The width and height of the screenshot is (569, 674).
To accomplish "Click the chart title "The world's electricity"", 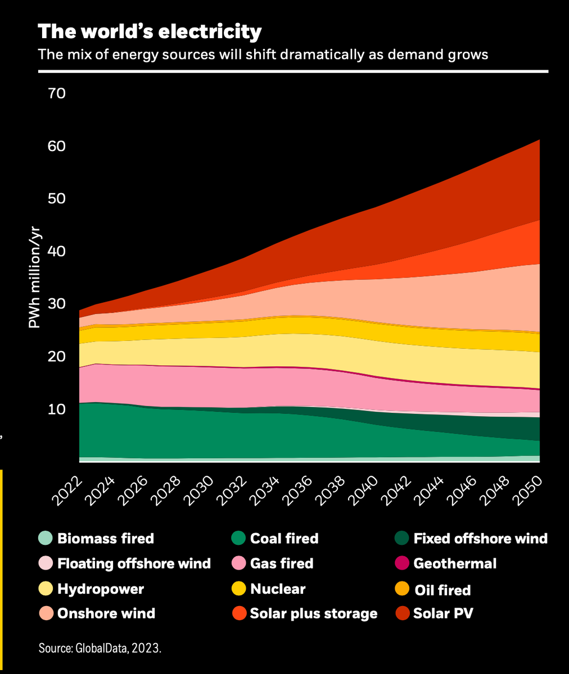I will tap(150, 31).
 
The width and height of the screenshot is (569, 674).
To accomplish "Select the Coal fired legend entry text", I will tap(284, 539).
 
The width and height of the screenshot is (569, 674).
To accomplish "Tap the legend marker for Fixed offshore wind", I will tap(402, 539).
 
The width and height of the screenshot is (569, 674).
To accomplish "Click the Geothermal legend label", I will tap(455, 563).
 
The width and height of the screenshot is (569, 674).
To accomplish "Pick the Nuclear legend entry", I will tap(278, 589).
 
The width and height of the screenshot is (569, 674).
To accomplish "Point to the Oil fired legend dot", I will tap(402, 590).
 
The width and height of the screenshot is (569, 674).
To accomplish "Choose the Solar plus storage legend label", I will tap(314, 613).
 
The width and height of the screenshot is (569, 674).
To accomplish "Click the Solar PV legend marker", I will tap(402, 613).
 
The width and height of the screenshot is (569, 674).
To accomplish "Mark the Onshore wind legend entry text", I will tap(106, 613).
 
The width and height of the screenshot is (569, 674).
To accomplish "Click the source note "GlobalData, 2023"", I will tap(100, 648).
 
